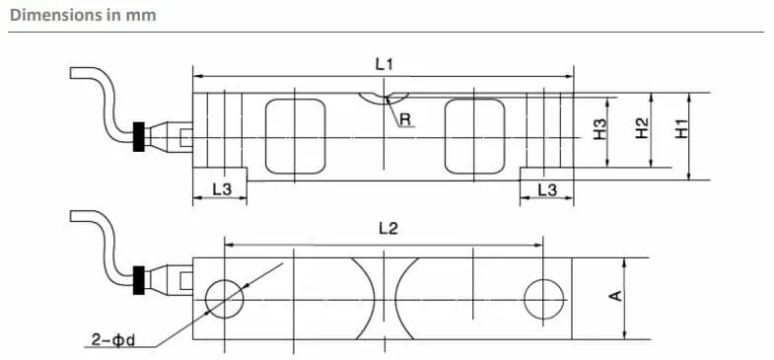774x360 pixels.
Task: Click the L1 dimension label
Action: [384, 64]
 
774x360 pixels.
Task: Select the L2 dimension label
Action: [388, 228]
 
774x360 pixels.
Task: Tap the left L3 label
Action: [222, 189]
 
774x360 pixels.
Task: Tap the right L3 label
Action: [547, 189]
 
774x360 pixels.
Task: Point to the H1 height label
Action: [682, 129]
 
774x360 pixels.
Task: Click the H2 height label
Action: [642, 129]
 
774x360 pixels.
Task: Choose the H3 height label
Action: [599, 129]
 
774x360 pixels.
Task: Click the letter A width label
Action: [615, 296]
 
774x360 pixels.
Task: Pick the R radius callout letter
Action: [405, 119]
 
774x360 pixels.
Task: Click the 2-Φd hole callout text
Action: [113, 340]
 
